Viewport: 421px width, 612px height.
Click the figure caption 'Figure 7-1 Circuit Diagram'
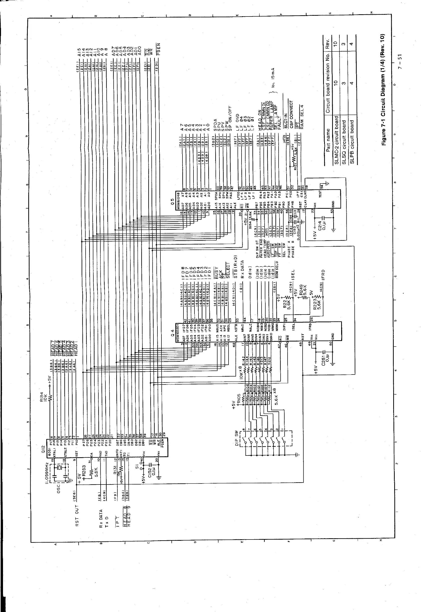coord(383,89)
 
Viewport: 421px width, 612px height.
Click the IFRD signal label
coord(323,276)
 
